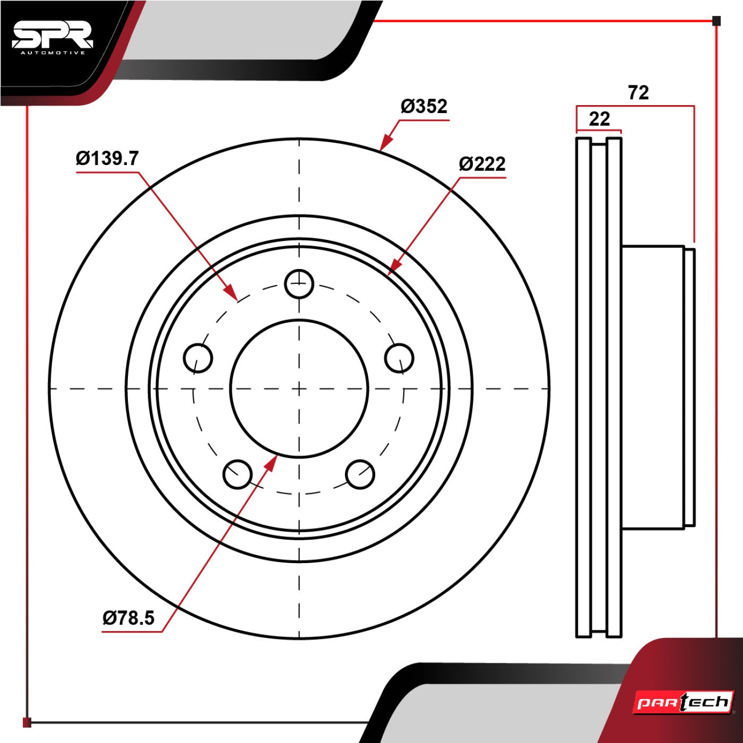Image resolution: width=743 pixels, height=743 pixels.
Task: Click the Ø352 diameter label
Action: pyautogui.click(x=424, y=106)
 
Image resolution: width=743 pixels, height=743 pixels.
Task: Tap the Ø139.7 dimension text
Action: pyautogui.click(x=107, y=158)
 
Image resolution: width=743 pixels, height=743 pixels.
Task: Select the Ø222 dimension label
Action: pyautogui.click(x=482, y=164)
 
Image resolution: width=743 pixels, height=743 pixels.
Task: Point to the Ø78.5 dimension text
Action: pyautogui.click(x=129, y=618)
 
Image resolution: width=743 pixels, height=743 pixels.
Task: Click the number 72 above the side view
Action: pyautogui.click(x=638, y=92)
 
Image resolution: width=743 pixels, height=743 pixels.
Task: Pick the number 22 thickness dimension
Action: pyautogui.click(x=599, y=119)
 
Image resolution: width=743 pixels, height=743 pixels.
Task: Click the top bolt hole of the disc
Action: pyautogui.click(x=299, y=284)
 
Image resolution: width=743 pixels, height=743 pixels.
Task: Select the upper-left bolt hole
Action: pyautogui.click(x=198, y=358)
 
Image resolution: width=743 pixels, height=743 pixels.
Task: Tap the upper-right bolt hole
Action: pyautogui.click(x=400, y=358)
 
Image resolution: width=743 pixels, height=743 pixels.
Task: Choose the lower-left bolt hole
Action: pyautogui.click(x=238, y=474)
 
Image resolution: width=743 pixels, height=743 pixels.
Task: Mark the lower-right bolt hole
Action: pyautogui.click(x=360, y=474)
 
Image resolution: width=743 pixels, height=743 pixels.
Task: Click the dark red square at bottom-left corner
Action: pyautogui.click(x=27, y=722)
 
